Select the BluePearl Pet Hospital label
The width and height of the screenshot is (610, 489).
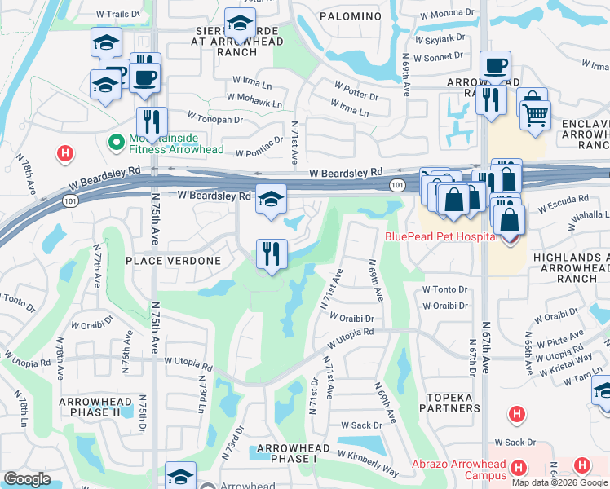[x=441, y=236]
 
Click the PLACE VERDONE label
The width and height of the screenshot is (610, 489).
[x=173, y=261]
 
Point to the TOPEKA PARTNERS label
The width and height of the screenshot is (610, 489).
[x=446, y=402]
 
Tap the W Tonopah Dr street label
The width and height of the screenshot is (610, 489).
[x=215, y=119]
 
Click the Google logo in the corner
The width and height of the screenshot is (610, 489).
[x=28, y=479]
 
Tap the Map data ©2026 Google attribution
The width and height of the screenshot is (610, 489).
[x=559, y=482]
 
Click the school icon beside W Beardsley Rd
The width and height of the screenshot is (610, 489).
[x=271, y=198]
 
